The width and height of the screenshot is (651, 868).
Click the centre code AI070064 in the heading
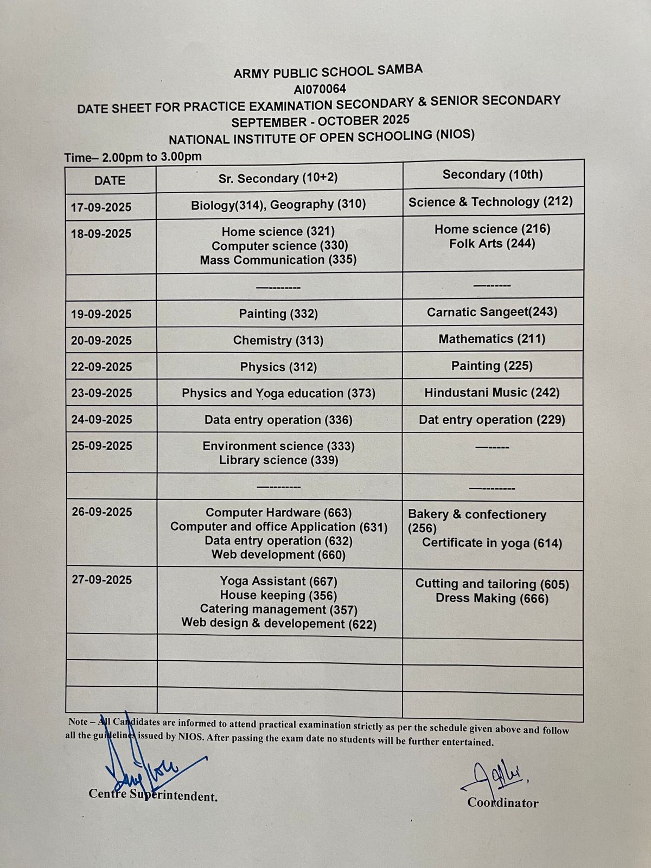point(320,88)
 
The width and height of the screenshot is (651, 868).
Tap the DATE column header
point(110,181)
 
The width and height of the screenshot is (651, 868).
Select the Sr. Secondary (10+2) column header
point(278,178)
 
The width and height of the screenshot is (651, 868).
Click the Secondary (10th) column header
point(493,175)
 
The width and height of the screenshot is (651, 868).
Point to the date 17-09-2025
point(101,207)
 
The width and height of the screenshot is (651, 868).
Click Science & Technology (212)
point(490,202)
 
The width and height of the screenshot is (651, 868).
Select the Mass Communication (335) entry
point(278,260)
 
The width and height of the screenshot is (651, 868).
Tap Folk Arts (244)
point(492,244)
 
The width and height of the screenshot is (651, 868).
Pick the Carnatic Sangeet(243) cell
point(492,312)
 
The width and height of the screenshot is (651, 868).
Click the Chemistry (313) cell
point(278,340)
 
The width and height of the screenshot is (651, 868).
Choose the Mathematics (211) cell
point(492,339)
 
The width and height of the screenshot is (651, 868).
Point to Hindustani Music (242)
point(492,392)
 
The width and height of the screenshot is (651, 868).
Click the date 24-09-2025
point(101,419)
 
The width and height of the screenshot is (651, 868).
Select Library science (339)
point(278,460)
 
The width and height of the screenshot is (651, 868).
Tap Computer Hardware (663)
point(278,513)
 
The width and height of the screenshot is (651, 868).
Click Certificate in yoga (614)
point(492,543)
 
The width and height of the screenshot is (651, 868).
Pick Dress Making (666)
point(492,598)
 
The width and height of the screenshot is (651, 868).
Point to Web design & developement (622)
point(279,624)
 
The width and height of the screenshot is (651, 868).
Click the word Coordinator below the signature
point(503,803)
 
